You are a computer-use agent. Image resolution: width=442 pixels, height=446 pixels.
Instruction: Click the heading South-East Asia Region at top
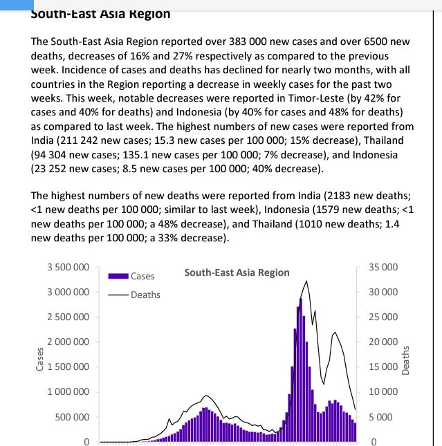point(101,13)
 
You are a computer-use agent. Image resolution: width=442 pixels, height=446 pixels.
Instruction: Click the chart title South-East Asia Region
point(237,272)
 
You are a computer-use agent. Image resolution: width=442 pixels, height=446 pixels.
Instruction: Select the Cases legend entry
point(142,276)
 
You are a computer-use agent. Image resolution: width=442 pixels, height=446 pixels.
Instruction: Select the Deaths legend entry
point(145,295)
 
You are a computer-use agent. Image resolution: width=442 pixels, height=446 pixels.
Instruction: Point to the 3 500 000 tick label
point(68,267)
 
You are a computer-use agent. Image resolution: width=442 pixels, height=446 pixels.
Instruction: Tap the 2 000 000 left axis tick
point(68,342)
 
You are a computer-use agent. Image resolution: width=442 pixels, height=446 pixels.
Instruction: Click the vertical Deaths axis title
point(406,360)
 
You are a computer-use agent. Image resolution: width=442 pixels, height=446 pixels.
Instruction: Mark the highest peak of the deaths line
point(307,281)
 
